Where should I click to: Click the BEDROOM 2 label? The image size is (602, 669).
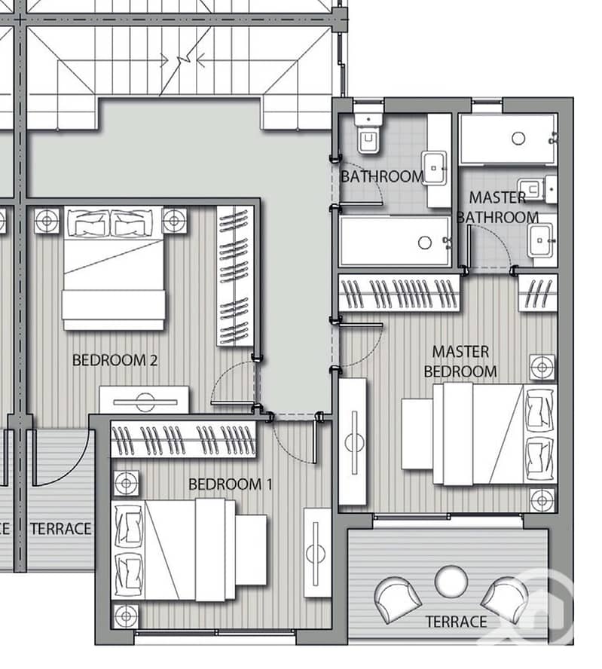[115, 360]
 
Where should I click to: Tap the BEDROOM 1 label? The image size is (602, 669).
[231, 484]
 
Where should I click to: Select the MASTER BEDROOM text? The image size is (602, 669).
[460, 362]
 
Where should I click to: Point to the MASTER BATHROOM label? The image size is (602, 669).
[497, 207]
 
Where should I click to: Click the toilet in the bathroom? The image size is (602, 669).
[368, 133]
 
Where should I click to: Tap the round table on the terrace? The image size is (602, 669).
[451, 581]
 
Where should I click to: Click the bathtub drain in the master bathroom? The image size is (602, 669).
[518, 138]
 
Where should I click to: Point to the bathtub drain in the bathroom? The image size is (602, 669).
[424, 243]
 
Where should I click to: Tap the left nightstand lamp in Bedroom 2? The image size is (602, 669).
[47, 221]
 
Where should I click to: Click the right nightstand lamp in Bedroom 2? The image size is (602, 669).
[174, 221]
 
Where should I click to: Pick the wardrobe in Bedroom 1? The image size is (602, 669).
[183, 439]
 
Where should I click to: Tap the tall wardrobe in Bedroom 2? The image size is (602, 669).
[235, 276]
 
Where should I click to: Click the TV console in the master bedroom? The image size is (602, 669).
[353, 442]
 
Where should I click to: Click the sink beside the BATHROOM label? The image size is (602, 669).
[434, 168]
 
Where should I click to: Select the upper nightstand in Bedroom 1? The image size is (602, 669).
[126, 484]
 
